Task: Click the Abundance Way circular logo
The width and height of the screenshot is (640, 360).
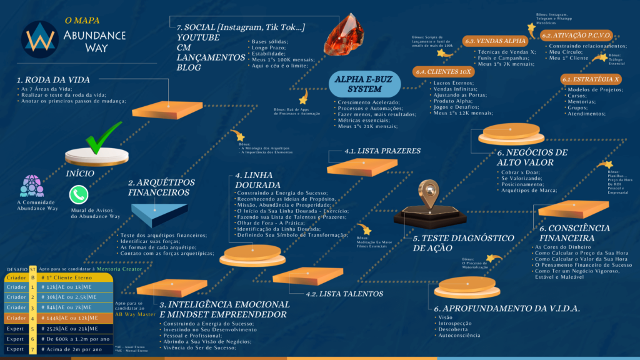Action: coord(39,39)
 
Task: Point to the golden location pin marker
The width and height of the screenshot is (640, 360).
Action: coord(428,194)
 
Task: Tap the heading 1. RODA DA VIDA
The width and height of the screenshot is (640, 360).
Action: coord(53,80)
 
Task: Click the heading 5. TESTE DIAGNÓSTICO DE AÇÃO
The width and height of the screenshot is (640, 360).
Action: coord(454,243)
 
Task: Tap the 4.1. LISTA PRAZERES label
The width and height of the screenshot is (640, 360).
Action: coord(374,151)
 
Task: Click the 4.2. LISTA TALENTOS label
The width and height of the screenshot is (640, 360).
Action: coord(344,293)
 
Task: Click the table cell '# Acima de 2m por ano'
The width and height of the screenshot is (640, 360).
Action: coord(74,349)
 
